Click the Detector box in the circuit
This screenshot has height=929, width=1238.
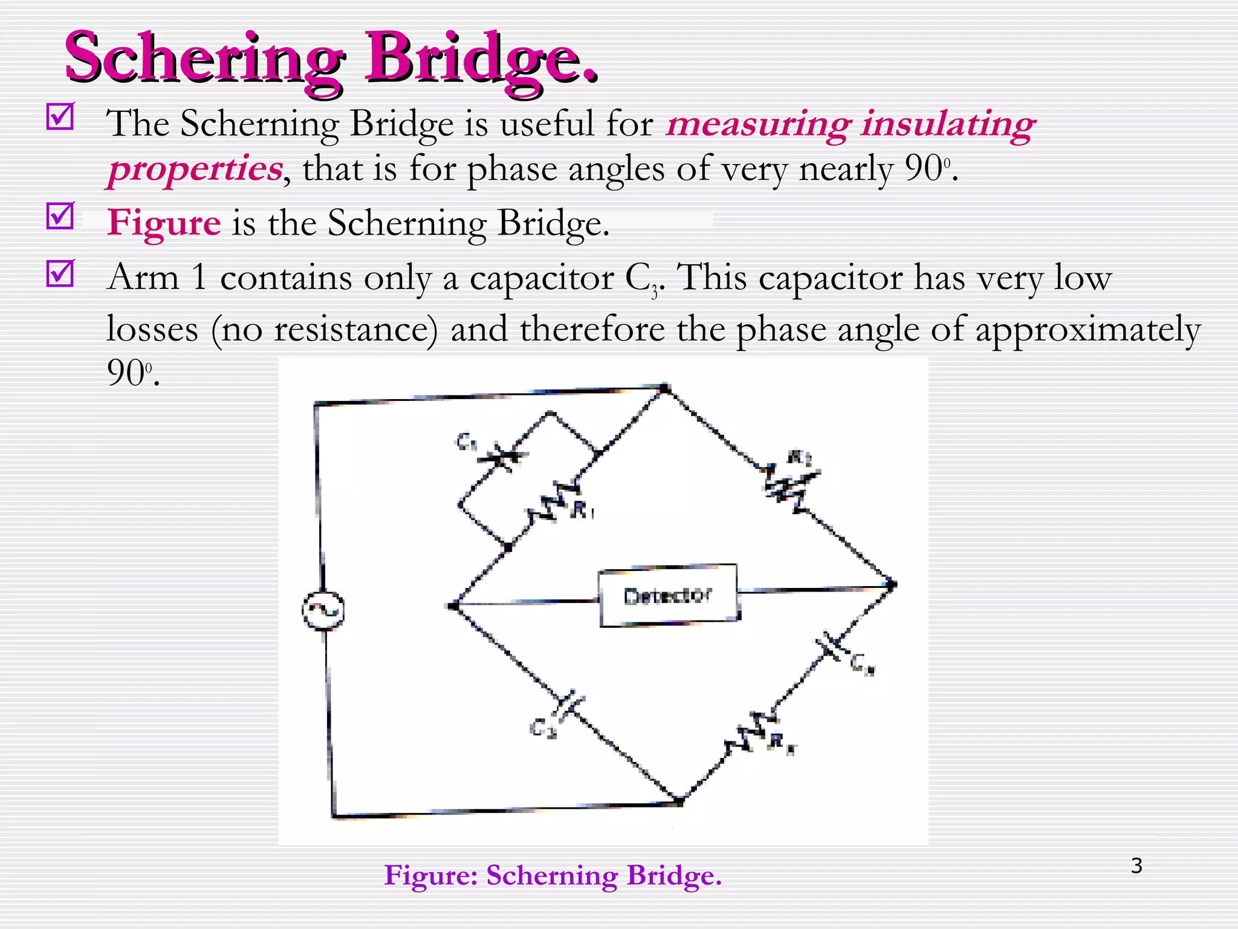669,595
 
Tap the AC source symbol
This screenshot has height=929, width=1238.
323,610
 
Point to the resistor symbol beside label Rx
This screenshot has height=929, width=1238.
750,733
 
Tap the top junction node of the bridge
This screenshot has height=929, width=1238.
664,388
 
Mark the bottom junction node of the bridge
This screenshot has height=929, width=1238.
679,801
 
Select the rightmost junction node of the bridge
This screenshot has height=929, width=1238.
892,584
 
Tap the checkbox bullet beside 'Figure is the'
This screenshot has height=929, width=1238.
60,216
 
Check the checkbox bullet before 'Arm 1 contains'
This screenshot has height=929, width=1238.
60,273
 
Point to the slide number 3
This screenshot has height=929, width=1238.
1136,865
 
